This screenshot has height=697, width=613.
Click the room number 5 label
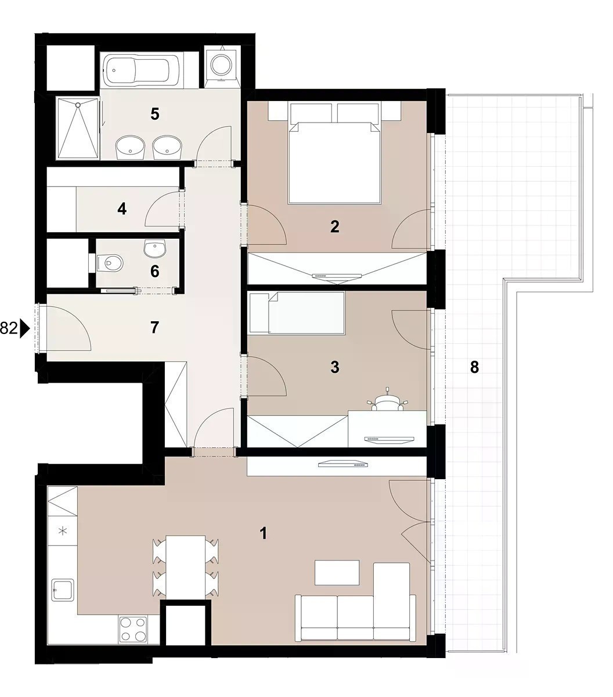coord(155,114)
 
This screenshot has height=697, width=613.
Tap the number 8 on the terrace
coord(474,368)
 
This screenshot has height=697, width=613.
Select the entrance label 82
coord(9,329)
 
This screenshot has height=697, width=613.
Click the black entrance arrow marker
coord(25,329)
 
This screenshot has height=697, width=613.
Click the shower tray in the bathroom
coord(78,128)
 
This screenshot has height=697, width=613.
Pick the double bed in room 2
coord(335,153)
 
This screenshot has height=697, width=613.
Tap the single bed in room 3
coord(297,312)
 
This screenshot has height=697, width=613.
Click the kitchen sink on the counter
coord(63,590)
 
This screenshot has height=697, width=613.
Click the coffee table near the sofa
coord(337,573)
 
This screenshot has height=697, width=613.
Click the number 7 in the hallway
coord(155,328)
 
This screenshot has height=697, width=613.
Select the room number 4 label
coord(122,209)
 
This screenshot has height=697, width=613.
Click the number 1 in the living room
coord(264,534)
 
